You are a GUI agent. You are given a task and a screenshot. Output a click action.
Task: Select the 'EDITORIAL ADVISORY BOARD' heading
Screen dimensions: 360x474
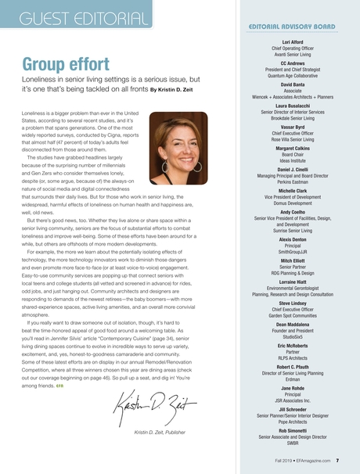coord(291,26)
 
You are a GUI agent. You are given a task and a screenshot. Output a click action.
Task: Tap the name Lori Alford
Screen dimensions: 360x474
coord(291,41)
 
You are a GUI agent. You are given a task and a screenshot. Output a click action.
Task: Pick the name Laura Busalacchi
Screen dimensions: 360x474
coord(291,104)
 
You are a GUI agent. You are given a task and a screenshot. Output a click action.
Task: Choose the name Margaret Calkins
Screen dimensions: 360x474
coord(291,147)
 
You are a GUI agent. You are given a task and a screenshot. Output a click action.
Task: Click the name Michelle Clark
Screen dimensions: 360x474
coord(291,190)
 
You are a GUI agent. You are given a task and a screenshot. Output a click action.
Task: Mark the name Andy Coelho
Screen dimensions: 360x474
coord(291,211)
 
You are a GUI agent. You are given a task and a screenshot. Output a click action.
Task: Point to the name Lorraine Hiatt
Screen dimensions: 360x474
coord(291,282)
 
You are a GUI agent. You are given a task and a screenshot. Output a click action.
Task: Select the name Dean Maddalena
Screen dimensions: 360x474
coord(291,325)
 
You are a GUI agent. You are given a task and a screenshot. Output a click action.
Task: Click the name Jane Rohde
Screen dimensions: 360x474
coord(291,389)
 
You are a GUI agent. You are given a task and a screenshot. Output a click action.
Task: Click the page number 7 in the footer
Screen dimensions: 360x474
coord(337,461)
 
